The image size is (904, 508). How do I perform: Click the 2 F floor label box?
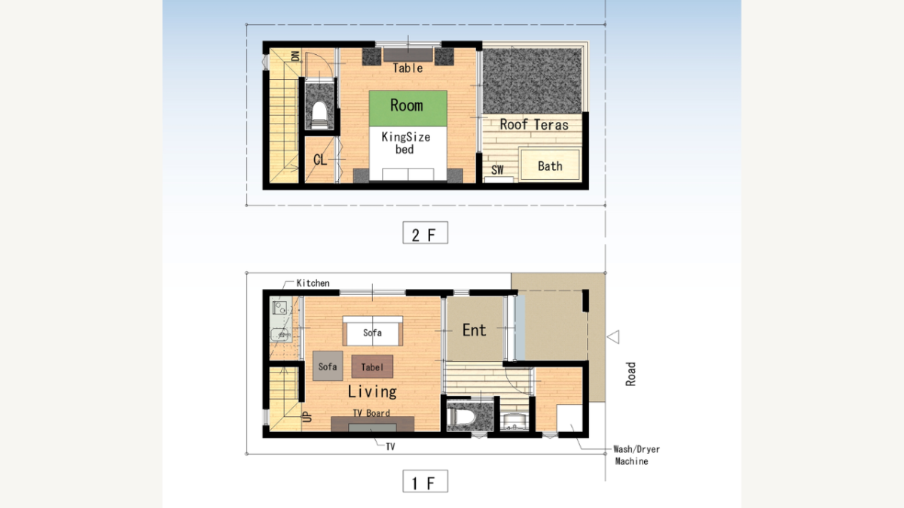click(425, 233)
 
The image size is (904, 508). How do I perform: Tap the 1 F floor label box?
click(425, 481)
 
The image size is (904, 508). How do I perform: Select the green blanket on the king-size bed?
click(408, 108)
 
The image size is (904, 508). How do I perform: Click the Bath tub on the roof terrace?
click(550, 165)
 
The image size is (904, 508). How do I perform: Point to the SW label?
click(497, 170)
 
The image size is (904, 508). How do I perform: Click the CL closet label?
click(319, 160)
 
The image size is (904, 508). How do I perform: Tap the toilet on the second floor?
click(319, 115)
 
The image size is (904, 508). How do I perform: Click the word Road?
click(631, 374)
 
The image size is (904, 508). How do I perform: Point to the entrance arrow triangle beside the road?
click(613, 336)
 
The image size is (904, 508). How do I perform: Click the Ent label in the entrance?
click(474, 330)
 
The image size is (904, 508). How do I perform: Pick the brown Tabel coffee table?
click(372, 367)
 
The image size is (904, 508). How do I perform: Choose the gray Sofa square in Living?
click(328, 366)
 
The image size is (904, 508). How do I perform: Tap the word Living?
click(372, 391)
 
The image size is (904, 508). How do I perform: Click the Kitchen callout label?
click(313, 283)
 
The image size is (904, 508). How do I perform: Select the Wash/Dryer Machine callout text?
click(636, 455)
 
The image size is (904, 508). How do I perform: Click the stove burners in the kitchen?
click(279, 308)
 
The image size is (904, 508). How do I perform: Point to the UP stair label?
click(307, 416)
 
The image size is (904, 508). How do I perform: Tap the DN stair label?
click(295, 56)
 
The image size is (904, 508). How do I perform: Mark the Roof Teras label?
click(534, 125)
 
